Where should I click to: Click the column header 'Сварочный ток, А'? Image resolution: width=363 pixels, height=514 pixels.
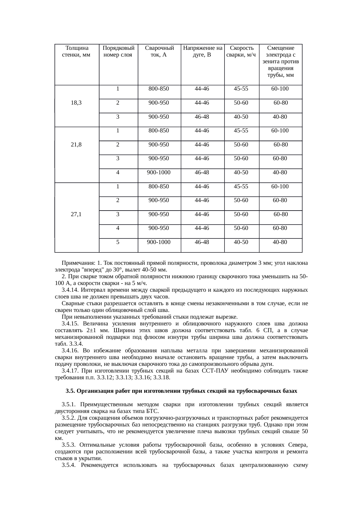160,51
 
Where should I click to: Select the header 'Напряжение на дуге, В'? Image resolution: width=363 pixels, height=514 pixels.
203,51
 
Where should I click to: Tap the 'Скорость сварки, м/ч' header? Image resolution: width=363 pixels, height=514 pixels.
242,51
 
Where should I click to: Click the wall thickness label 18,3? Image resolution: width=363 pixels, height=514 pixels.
76,103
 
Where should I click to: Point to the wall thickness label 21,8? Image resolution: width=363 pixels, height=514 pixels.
76,145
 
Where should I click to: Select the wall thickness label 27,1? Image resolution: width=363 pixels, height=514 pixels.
76,214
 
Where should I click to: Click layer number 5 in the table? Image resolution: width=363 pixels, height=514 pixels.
118,242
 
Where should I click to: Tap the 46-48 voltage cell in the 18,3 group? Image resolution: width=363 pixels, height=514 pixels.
202,117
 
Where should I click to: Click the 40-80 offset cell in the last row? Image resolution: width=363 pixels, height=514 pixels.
280,242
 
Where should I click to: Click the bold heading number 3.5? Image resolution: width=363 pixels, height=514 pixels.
70,391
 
